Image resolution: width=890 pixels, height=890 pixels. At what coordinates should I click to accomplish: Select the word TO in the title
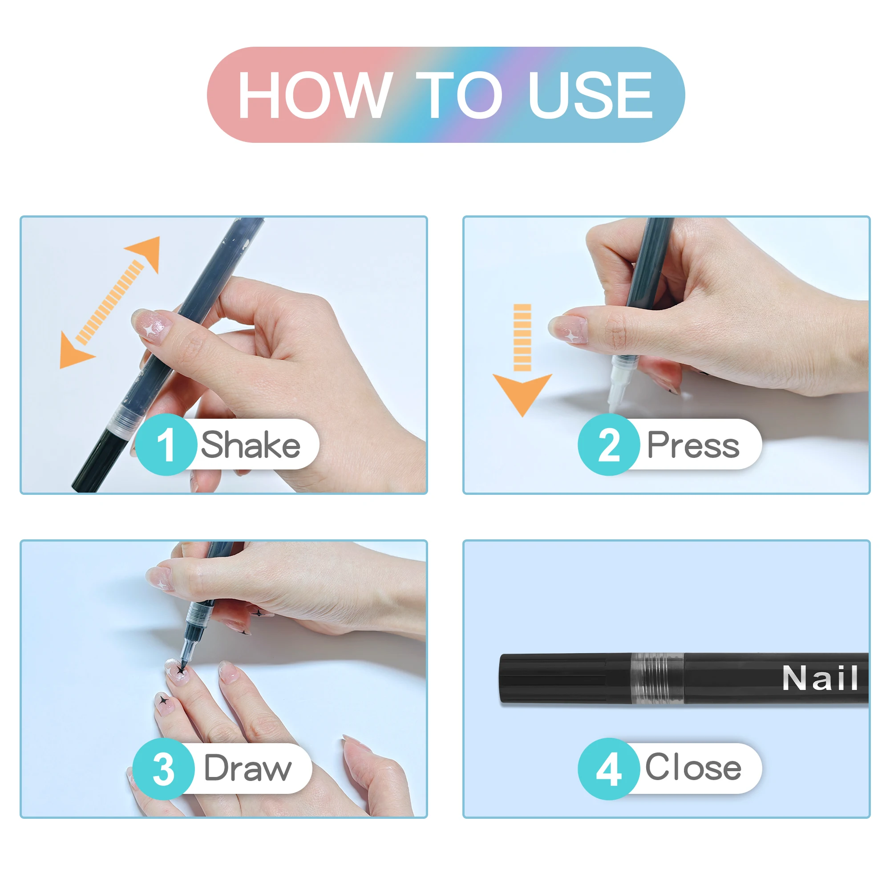coord(459,95)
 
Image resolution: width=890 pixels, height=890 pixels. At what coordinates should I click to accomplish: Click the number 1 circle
coord(166,445)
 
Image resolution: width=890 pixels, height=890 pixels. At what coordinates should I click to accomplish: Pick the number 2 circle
coord(609,445)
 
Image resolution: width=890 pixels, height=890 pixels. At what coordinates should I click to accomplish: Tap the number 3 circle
coord(163,769)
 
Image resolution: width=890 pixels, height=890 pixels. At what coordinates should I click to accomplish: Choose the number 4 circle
coord(609,769)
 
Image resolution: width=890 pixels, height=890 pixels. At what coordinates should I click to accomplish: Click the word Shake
coord(251,445)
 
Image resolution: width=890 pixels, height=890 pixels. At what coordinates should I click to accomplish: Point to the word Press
coord(693,445)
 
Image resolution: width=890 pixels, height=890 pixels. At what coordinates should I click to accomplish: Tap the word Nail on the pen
coord(821,678)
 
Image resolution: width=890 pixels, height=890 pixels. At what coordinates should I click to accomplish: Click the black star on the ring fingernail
coord(163,701)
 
